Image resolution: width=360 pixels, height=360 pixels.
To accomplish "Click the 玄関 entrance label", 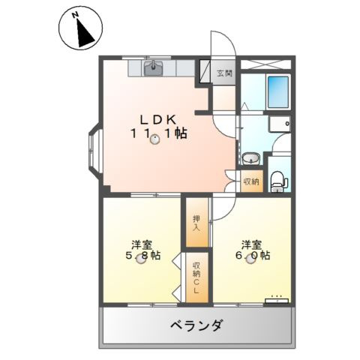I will point(224,73).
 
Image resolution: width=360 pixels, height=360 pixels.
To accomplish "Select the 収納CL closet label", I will point(196,279).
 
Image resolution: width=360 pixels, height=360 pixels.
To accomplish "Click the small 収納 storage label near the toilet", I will point(251,181).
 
